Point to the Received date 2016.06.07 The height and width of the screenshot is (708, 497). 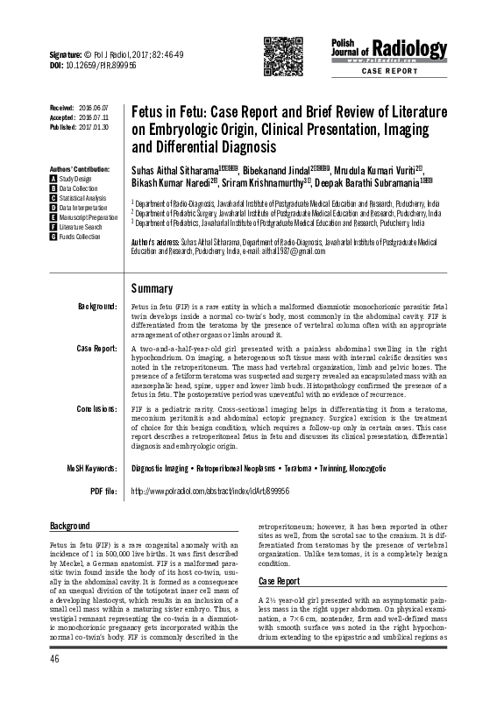click(91, 107)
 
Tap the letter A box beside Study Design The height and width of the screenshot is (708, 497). click(53, 179)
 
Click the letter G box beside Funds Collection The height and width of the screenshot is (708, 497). click(53, 237)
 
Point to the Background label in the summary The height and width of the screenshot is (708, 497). click(97, 307)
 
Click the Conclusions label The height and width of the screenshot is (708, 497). click(97, 409)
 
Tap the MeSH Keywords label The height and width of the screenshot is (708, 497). click(92, 469)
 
